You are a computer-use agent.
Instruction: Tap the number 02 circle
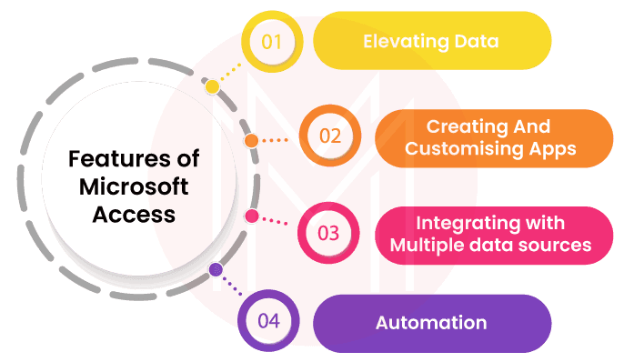coord(329,136)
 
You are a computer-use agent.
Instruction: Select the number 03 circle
coord(328,232)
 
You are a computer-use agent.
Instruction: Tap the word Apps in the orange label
coord(552,148)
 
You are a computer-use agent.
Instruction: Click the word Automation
coord(430,322)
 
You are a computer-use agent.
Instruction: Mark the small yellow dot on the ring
coord(212,86)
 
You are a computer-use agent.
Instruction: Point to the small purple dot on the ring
coord(216,270)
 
